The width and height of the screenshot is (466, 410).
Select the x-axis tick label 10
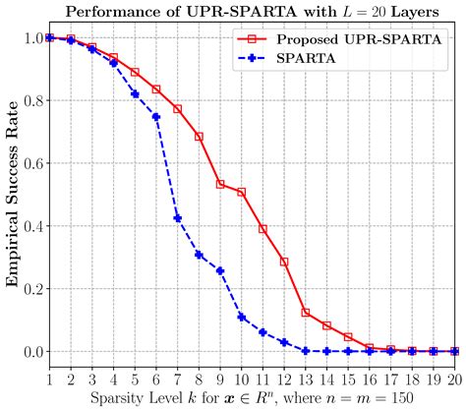click(241, 379)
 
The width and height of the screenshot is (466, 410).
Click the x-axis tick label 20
click(454, 379)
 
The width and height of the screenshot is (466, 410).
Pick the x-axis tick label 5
click(135, 379)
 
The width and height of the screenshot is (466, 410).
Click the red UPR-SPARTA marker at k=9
click(220, 184)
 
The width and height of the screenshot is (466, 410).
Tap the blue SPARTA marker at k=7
click(177, 218)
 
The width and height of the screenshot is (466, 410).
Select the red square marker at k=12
click(284, 262)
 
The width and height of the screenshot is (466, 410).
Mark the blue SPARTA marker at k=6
click(156, 116)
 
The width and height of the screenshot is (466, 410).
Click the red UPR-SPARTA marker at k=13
click(306, 313)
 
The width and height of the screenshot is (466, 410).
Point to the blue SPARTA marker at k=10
click(241, 317)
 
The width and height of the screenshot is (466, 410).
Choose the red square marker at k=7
click(177, 108)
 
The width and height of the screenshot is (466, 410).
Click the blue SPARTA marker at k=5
click(135, 93)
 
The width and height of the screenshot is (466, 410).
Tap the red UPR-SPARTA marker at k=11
click(262, 229)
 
